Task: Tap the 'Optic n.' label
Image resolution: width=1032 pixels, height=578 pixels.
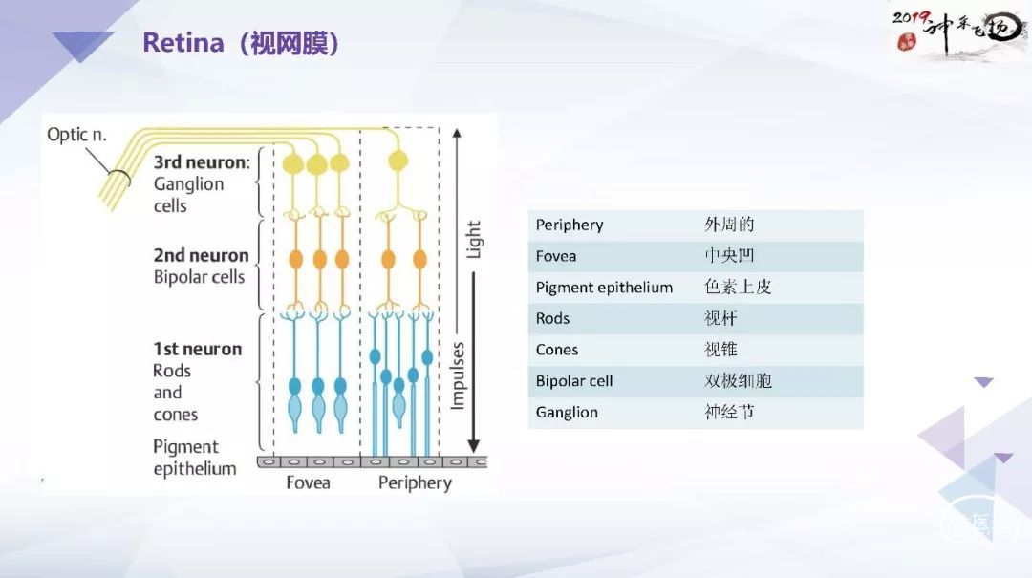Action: coord(76,135)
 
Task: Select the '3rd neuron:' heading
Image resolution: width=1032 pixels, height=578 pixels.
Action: coord(202,162)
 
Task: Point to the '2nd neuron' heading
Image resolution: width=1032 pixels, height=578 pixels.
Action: coord(201,255)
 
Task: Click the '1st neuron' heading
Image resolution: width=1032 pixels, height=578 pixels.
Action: coord(198,349)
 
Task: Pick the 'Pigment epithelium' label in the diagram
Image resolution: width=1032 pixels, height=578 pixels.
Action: coord(194,458)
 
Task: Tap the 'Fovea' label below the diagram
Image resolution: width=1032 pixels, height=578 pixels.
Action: coord(308,482)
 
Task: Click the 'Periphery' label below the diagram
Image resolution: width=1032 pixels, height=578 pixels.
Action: coord(415,483)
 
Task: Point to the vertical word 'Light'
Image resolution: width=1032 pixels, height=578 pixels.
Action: coord(473,239)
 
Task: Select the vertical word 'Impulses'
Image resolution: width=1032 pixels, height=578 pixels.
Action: coord(458,375)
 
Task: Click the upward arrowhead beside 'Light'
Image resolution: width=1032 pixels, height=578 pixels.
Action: coord(457,134)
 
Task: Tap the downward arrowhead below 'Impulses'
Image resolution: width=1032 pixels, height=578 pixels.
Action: coord(473,445)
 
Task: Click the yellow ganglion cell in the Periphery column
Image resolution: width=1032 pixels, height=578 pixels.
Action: coord(398,160)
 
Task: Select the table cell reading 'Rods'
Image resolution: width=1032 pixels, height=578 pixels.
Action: coord(552,319)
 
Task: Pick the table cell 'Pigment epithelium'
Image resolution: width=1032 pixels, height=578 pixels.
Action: coord(604,288)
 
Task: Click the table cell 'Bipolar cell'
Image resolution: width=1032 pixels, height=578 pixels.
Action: coord(574,381)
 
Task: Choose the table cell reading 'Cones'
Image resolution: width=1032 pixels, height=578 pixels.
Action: coord(557,350)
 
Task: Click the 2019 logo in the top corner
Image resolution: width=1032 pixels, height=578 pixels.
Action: coord(959,32)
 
